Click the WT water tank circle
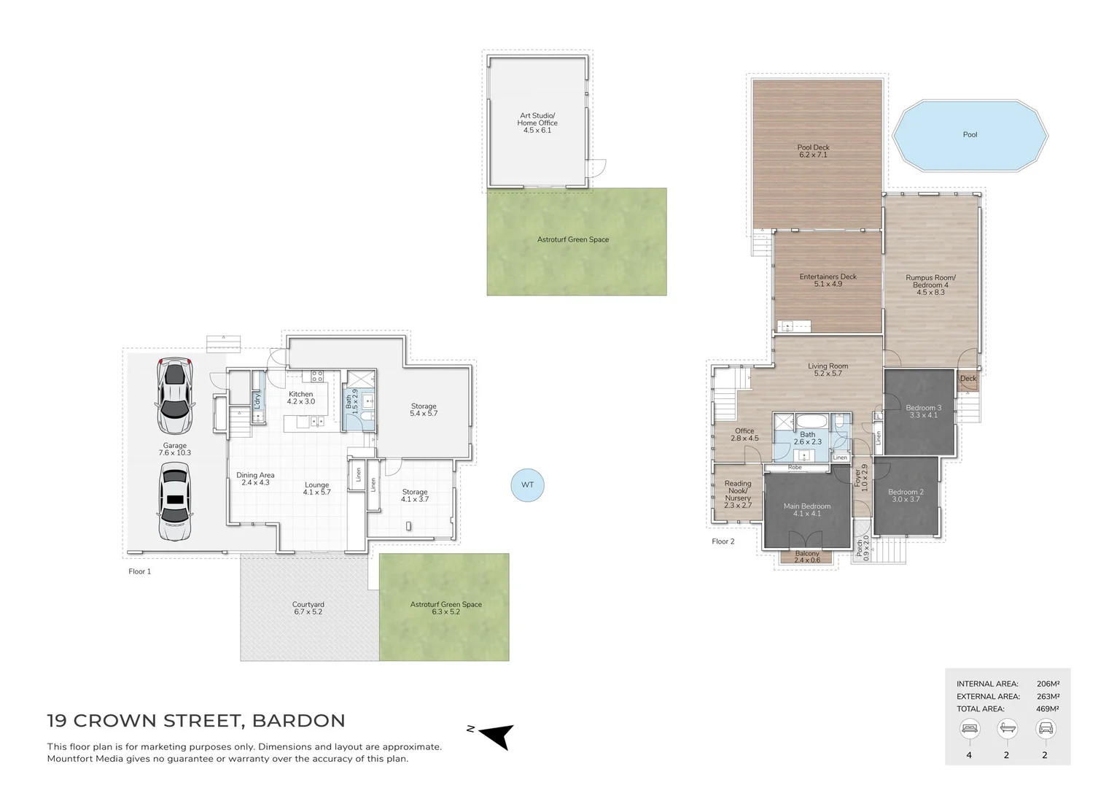point(527,485)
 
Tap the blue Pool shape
point(970,136)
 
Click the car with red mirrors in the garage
point(175,396)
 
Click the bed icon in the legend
point(969,728)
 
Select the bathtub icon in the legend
point(1007,728)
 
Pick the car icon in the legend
point(1045,728)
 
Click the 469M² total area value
point(1047,708)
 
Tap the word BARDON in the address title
point(298,721)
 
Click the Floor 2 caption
point(723,541)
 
